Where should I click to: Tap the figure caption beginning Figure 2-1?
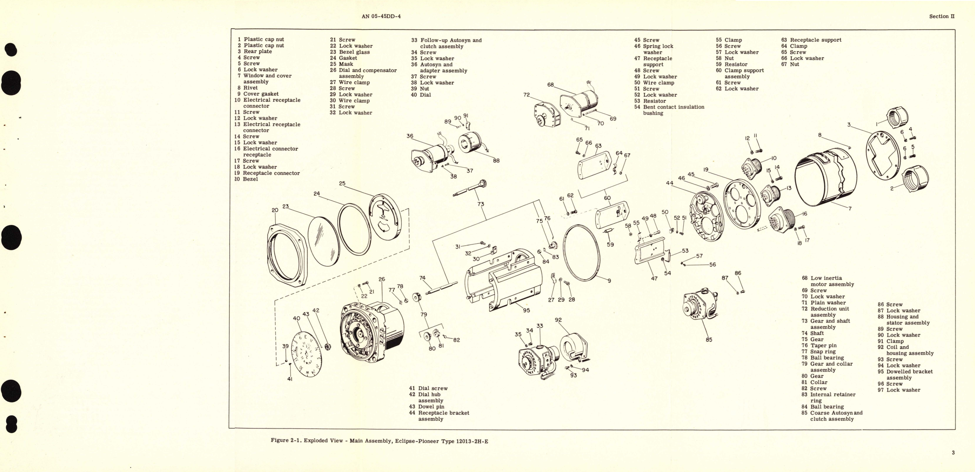pyautogui.click(x=379, y=441)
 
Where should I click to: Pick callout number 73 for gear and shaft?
pyautogui.click(x=481, y=204)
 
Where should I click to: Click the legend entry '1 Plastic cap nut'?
pyautogui.click(x=261, y=39)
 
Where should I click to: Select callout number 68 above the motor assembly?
pyautogui.click(x=550, y=85)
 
